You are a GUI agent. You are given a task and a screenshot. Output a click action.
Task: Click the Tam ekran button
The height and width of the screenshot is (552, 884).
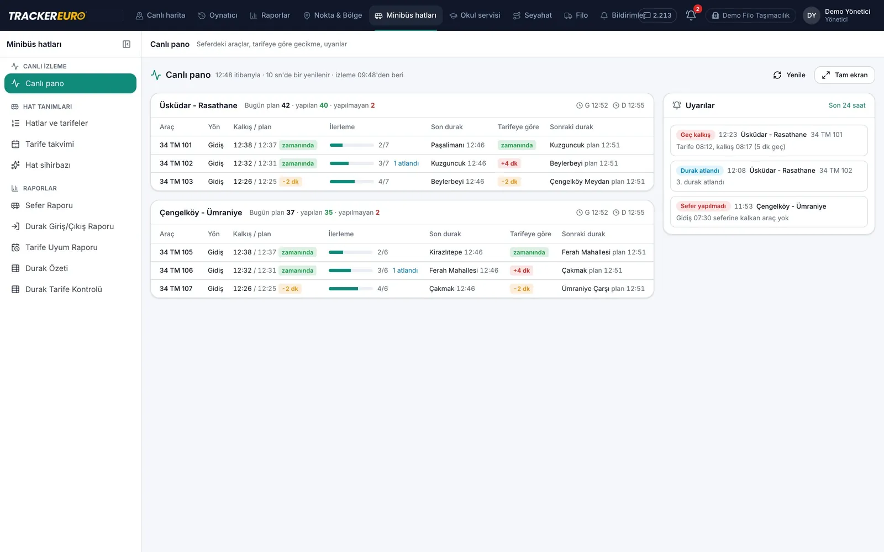tap(845, 75)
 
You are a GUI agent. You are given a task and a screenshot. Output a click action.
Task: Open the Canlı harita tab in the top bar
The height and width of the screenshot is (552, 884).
tap(160, 15)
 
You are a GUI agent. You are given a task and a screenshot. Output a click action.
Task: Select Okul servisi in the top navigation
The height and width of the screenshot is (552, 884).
tap(475, 15)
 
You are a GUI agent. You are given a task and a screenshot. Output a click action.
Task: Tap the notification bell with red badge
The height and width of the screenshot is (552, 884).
tap(691, 15)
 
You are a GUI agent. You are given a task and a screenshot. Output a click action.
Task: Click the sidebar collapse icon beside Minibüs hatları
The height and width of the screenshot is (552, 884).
tap(127, 44)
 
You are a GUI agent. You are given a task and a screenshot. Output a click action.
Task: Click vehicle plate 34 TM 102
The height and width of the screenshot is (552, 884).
tap(176, 163)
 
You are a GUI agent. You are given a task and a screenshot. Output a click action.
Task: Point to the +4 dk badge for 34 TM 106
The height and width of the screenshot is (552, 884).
tap(522, 270)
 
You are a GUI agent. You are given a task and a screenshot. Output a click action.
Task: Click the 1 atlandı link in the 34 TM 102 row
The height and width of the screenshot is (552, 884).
tap(406, 163)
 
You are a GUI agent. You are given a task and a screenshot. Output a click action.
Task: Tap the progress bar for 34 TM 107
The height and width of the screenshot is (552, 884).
tap(350, 289)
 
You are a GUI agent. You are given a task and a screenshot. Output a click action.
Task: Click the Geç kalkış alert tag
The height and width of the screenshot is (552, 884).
tap(696, 135)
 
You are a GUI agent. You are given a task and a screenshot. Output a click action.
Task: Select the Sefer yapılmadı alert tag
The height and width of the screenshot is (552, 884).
tap(703, 206)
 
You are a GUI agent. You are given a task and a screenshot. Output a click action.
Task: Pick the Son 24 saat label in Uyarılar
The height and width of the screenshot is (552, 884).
tap(847, 105)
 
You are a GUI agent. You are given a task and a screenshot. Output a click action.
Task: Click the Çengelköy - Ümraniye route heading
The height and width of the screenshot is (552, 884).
tap(201, 213)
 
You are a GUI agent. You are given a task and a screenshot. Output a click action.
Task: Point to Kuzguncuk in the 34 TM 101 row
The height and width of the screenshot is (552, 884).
tap(567, 145)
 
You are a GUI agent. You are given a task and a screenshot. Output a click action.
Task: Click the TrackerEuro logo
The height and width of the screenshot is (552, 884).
tap(47, 15)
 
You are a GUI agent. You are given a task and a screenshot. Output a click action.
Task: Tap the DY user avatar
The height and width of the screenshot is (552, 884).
tap(812, 15)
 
